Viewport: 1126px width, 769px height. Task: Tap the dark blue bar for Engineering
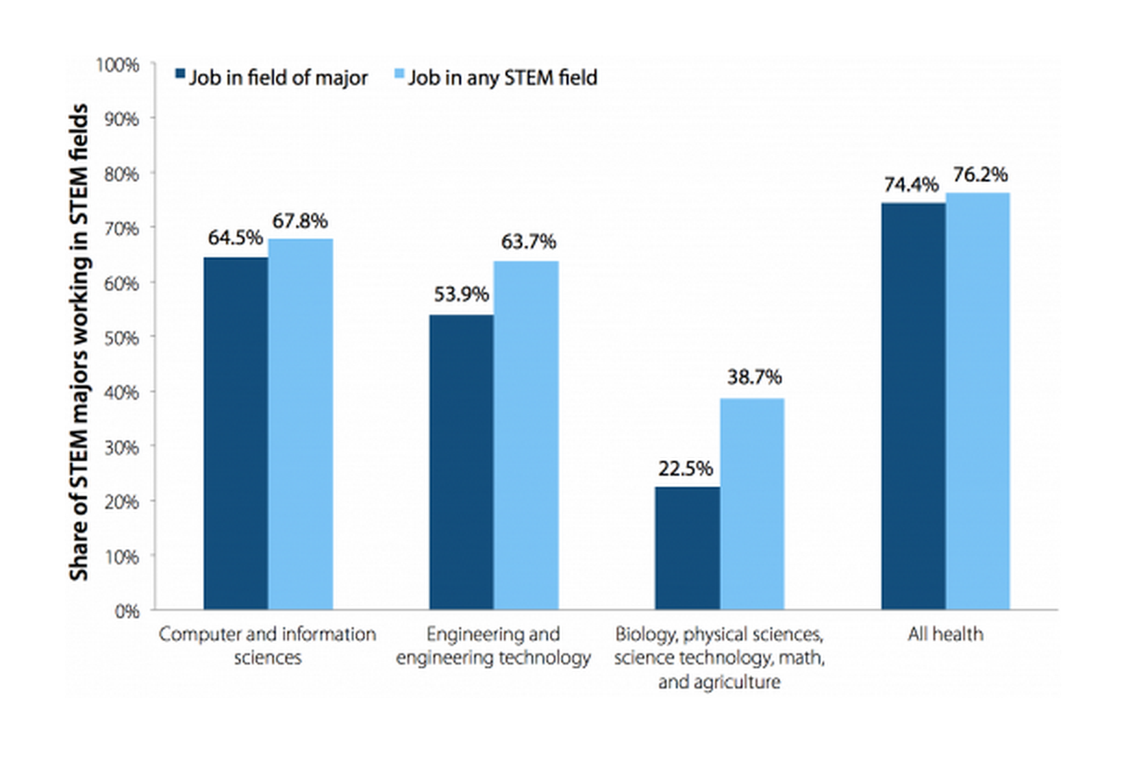[x=461, y=462]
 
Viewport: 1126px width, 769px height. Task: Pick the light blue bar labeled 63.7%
[x=526, y=435]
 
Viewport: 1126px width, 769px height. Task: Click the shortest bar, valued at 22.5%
[x=687, y=548]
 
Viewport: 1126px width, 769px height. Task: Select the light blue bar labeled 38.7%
[x=752, y=503]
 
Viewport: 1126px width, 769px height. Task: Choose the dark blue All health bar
[x=913, y=406]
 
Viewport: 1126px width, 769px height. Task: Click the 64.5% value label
[x=236, y=240]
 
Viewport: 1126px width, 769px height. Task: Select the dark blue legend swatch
[x=181, y=76]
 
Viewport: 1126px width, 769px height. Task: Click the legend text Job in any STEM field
[x=503, y=78]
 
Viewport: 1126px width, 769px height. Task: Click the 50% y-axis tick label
[x=120, y=338]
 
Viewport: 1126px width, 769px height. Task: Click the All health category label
[x=945, y=635]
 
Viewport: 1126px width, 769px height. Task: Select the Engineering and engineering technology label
[x=493, y=647]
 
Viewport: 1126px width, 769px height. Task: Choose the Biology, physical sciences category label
[x=719, y=658]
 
